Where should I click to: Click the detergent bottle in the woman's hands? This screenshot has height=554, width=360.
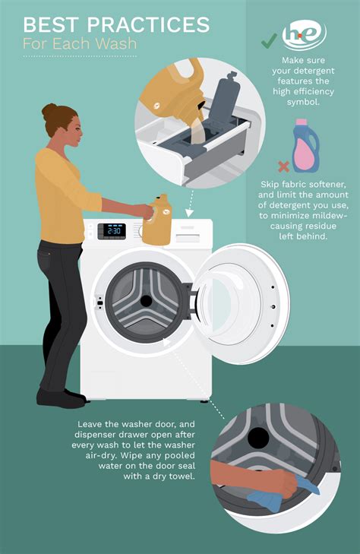coord(158,220)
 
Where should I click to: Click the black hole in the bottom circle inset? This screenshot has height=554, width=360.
coord(259,436)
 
